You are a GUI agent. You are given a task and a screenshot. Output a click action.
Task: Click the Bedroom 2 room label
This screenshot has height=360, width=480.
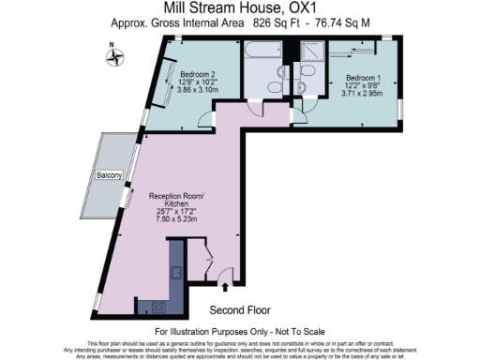[x=198, y=74]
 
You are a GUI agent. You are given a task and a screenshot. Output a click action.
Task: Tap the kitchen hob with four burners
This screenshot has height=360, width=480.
[x=157, y=305]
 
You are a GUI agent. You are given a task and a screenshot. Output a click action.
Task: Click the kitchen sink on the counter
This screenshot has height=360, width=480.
[x=175, y=272]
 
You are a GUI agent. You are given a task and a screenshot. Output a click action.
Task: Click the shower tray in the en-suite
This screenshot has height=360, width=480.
[x=309, y=55]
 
